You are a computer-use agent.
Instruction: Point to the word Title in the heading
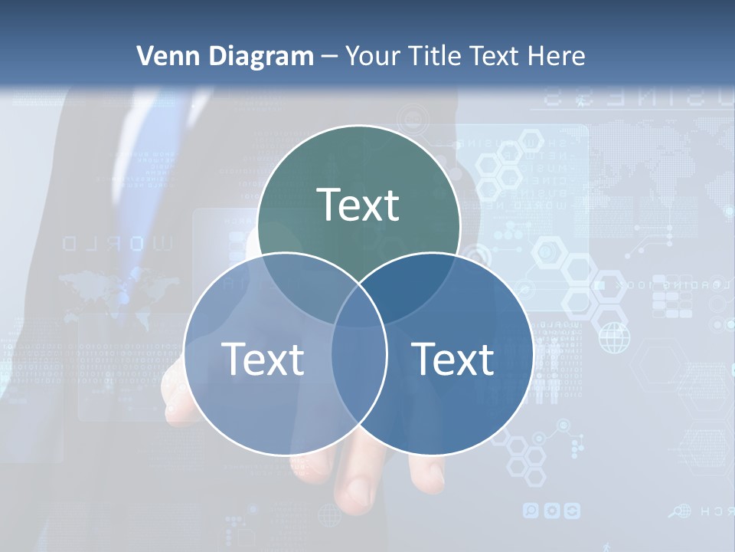click(x=438, y=56)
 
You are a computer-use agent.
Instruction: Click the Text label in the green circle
click(x=358, y=205)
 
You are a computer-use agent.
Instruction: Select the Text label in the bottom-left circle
click(x=263, y=358)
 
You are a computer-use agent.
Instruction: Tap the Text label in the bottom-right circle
click(x=452, y=358)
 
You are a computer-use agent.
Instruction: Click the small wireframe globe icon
click(x=613, y=337)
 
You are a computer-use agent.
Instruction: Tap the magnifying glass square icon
click(x=531, y=510)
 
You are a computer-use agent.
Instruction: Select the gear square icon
click(x=552, y=510)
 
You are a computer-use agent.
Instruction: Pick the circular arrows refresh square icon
click(x=572, y=510)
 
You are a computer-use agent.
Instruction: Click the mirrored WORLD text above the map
click(x=118, y=244)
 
